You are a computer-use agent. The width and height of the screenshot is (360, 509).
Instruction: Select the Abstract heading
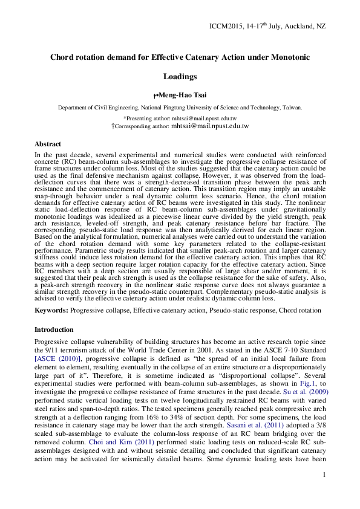[48, 144]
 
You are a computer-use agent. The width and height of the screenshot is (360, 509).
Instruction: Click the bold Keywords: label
[52, 310]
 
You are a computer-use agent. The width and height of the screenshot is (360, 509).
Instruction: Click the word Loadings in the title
[180, 77]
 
